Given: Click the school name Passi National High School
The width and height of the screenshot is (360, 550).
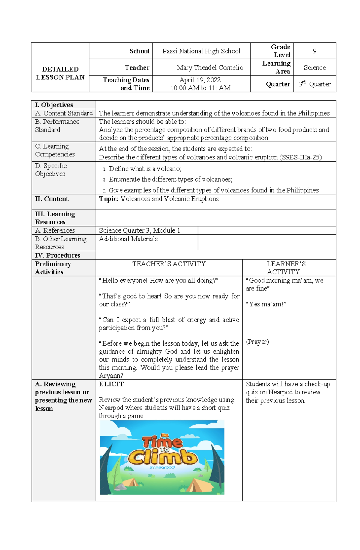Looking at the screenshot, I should [x=201, y=51].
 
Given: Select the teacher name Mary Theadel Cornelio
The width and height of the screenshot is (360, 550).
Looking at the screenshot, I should [x=210, y=68].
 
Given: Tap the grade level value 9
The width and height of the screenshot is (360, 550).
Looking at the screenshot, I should [x=314, y=51].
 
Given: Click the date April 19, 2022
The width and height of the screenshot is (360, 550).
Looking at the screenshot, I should [x=200, y=80].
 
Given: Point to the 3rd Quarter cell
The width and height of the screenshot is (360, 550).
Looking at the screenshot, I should [x=314, y=84].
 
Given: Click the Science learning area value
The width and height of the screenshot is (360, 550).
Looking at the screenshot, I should [x=314, y=68].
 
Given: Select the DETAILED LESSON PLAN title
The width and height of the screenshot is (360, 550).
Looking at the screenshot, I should [x=60, y=73].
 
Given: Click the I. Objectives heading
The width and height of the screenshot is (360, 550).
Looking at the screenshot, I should [x=54, y=105].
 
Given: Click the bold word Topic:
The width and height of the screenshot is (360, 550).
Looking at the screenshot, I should [x=109, y=199].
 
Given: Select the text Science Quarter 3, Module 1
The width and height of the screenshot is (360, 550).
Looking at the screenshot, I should [x=139, y=230].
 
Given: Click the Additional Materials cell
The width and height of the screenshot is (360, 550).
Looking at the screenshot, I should [x=128, y=239].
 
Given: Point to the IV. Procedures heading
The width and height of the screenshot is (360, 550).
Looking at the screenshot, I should [x=58, y=255].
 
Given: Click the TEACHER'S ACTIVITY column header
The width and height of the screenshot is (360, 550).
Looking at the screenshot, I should [x=169, y=264].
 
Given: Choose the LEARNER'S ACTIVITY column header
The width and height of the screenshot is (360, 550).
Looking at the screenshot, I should [x=286, y=268].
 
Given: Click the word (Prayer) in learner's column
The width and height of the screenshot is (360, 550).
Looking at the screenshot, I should [x=257, y=342].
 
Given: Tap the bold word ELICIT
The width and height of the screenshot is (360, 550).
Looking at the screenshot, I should [x=111, y=384].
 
